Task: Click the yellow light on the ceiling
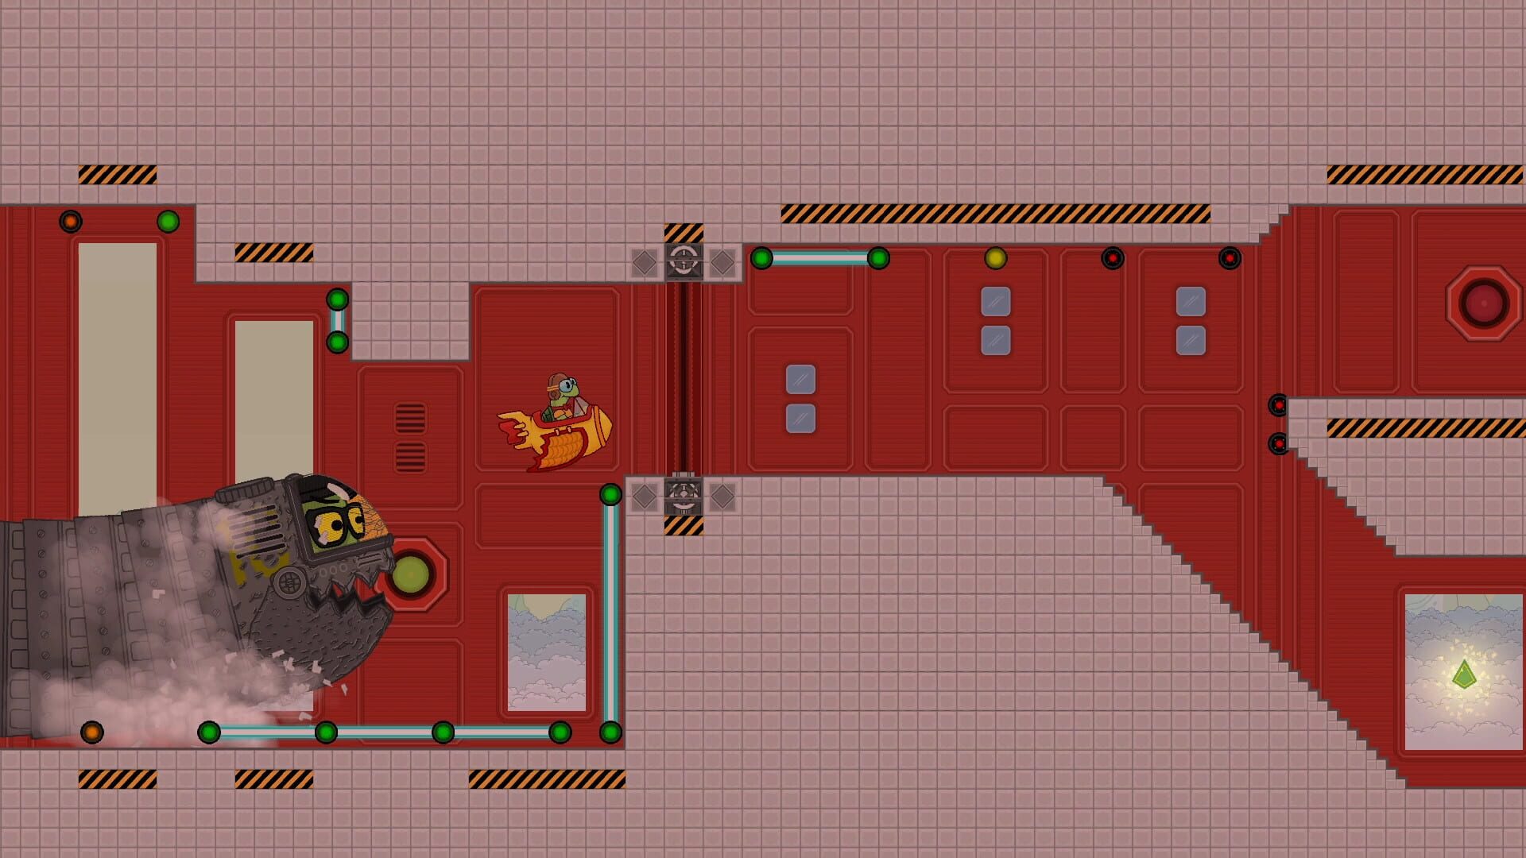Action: coord(995,258)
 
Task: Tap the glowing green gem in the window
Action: coord(1464,675)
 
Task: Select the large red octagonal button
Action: coord(1483,303)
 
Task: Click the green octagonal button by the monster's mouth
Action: coord(412,574)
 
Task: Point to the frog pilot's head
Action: coord(563,387)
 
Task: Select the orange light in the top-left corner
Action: coord(71,221)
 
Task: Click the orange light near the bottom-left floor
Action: coord(92,732)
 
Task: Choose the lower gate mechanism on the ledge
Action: coord(684,497)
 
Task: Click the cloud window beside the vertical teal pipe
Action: coord(547,652)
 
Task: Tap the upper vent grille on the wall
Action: coord(410,419)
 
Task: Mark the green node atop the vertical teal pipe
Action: coord(610,495)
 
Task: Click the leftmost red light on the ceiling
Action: coord(1112,258)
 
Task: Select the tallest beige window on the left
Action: coord(118,377)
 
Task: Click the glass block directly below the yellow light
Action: coord(995,302)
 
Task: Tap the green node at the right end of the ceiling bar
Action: coord(878,258)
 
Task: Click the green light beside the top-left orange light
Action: coord(168,221)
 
